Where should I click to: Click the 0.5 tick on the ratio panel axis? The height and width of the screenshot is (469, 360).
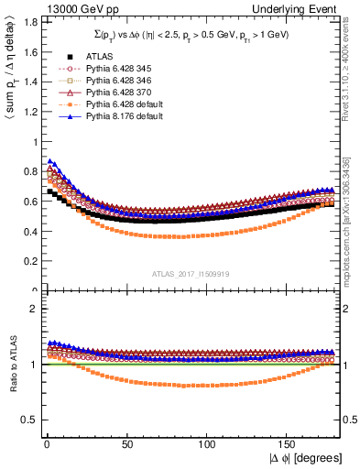(x=27, y=420)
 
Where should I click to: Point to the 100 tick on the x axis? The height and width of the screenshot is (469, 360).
(x=208, y=444)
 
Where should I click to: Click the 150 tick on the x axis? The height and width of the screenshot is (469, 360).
(x=290, y=444)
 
